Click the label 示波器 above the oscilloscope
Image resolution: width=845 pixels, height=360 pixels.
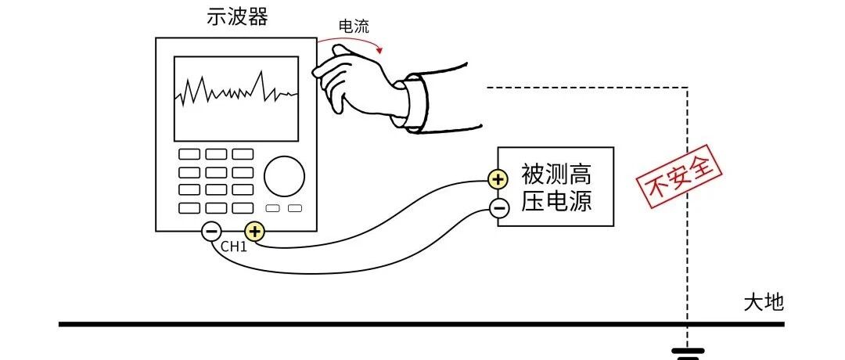(237, 17)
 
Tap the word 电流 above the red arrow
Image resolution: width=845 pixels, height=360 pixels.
(351, 26)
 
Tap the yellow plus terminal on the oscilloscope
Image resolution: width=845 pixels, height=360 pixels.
(255, 231)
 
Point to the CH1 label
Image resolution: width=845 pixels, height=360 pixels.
(233, 247)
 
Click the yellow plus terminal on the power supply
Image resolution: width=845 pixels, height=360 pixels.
(498, 180)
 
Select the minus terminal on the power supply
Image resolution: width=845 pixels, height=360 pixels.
(498, 207)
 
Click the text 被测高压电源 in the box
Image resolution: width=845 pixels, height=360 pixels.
(556, 187)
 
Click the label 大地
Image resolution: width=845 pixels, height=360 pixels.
(763, 303)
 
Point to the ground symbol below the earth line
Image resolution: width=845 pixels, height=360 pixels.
(688, 355)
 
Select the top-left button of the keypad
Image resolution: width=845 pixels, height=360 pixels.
(189, 155)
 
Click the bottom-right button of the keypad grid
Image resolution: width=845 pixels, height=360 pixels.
(243, 207)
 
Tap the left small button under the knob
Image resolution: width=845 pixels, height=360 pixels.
(273, 208)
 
